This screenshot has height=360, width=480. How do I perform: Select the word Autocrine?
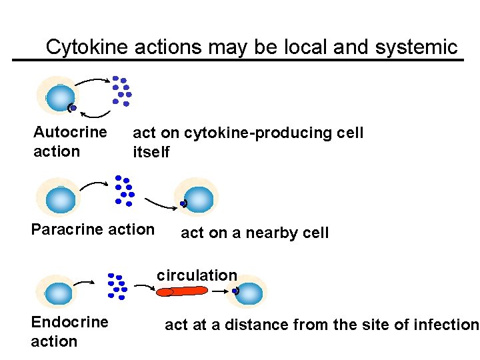click(x=70, y=132)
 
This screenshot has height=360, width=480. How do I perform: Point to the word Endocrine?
click(x=69, y=322)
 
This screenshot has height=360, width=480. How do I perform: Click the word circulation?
click(x=197, y=275)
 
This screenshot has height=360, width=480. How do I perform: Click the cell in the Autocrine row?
click(x=58, y=95)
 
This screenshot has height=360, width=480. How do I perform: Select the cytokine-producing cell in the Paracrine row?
click(x=61, y=199)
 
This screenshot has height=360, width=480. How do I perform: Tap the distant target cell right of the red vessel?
click(x=250, y=292)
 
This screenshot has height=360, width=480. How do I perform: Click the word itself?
click(x=151, y=152)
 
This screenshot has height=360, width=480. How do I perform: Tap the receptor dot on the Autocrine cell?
click(x=73, y=107)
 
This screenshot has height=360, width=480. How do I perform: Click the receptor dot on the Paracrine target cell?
click(x=183, y=203)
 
